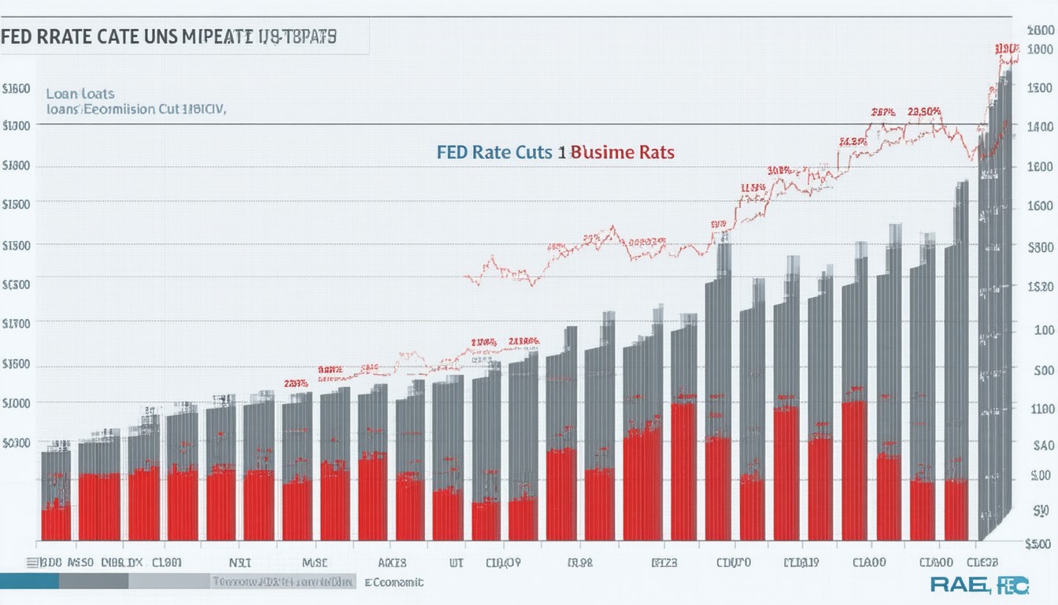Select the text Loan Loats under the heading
(80, 93)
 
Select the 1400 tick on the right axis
(1038, 125)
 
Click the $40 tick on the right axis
(1041, 445)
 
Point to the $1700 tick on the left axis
(17, 323)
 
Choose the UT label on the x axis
(457, 563)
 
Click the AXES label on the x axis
(391, 563)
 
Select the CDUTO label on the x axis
(734, 563)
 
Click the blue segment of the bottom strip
(29, 581)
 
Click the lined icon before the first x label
(31, 563)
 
